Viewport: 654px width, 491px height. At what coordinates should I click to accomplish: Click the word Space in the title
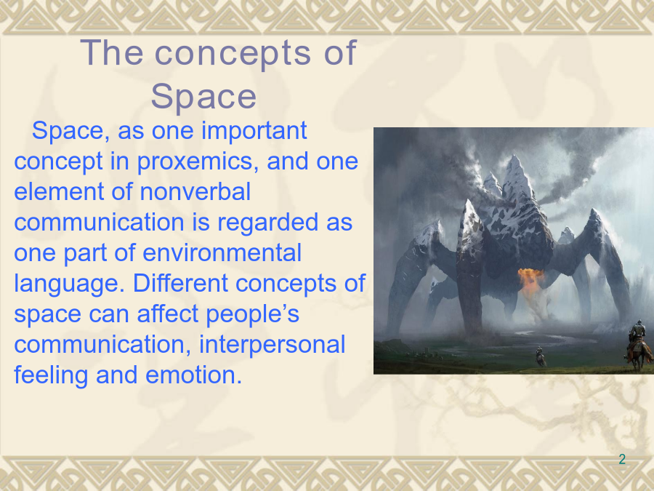click(x=203, y=97)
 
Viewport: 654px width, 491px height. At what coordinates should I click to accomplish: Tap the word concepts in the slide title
click(x=233, y=53)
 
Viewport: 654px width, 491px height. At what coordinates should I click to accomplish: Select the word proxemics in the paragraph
click(x=195, y=162)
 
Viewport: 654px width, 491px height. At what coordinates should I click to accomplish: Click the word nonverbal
click(x=195, y=191)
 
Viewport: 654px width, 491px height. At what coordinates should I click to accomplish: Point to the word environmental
click(x=222, y=253)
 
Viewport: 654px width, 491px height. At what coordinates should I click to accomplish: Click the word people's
click(x=252, y=314)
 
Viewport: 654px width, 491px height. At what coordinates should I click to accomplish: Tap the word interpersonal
click(x=272, y=345)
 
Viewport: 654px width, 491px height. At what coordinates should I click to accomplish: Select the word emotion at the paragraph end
click(x=193, y=375)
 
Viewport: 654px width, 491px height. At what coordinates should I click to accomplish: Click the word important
click(x=254, y=132)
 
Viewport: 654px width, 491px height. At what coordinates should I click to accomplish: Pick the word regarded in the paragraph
click(x=267, y=223)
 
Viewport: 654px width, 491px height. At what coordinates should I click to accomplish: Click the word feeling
click(x=51, y=375)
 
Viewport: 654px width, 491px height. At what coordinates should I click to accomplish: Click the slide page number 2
click(x=622, y=459)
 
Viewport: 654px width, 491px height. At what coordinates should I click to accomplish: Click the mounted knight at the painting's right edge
click(x=639, y=345)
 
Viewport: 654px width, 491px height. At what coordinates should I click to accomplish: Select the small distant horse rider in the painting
click(x=540, y=356)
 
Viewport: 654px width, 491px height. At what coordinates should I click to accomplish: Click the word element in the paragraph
click(x=59, y=191)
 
